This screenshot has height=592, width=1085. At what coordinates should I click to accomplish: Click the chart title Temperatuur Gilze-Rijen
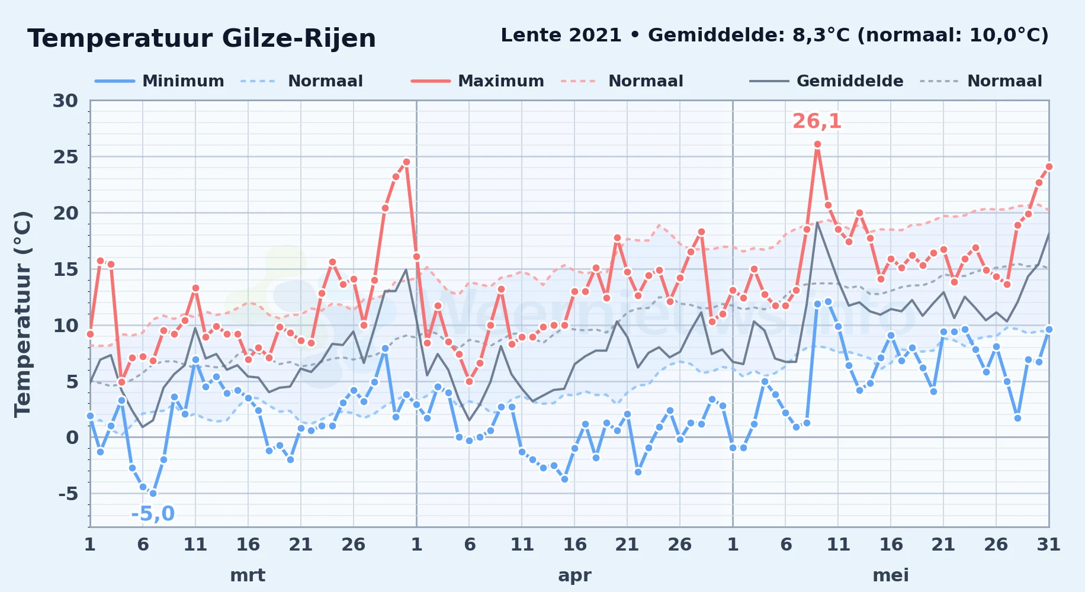[201, 38]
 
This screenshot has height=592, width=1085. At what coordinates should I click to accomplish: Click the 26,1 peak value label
[817, 121]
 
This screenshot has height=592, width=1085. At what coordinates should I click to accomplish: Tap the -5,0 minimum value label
[153, 513]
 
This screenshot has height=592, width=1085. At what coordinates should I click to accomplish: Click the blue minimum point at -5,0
[153, 493]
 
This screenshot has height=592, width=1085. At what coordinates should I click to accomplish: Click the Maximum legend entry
[477, 81]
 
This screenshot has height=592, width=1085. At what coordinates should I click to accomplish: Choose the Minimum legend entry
[159, 81]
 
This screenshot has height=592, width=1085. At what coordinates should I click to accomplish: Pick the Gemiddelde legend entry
[826, 81]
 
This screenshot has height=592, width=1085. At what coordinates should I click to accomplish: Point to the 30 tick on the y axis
[65, 101]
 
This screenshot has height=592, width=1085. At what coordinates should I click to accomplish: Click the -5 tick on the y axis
[68, 493]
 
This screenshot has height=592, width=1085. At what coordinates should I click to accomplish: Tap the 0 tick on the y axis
[72, 437]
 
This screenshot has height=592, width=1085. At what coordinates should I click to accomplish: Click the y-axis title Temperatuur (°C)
[23, 314]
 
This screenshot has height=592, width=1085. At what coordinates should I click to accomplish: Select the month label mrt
[248, 575]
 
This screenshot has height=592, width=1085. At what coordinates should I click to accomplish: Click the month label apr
[574, 575]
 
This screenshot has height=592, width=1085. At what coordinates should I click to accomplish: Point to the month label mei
[891, 575]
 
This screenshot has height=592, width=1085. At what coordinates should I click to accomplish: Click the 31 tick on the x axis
[1048, 544]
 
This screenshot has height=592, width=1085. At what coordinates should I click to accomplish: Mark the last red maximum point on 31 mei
[1049, 166]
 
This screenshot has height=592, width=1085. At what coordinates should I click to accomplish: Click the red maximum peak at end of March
[406, 162]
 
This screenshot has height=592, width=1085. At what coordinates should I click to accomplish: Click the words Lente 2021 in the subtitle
[561, 35]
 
